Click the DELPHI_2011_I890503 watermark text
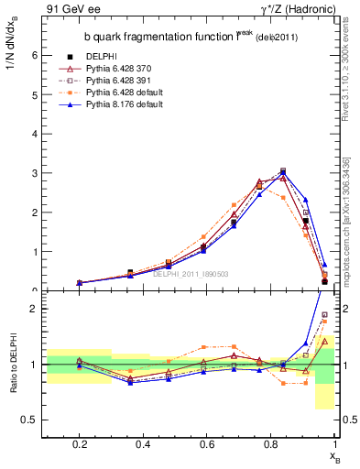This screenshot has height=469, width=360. click(x=192, y=274)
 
